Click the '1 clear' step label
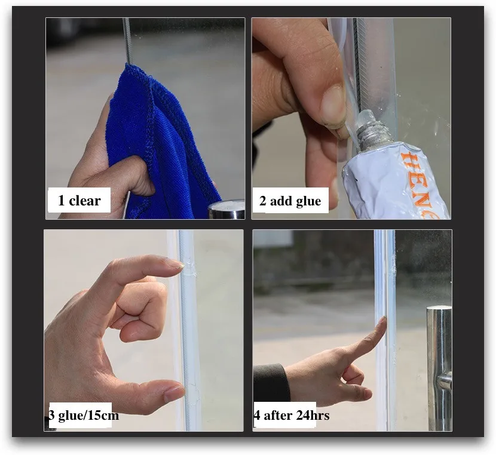79,201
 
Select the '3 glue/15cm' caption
84,415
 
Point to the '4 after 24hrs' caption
292,415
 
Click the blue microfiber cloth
164,145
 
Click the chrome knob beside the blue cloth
226,209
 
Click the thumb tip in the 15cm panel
176,392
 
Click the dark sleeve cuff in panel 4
271,383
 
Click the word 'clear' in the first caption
85,201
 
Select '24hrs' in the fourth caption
313,415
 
